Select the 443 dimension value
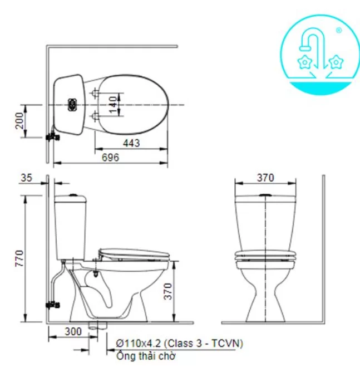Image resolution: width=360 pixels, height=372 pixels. (x=131, y=143)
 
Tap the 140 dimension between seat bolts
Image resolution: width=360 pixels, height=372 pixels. (x=114, y=104)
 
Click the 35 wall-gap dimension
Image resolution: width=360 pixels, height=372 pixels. (x=26, y=178)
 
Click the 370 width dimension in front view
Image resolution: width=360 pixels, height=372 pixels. (x=265, y=178)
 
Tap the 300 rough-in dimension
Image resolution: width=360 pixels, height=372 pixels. (x=72, y=331)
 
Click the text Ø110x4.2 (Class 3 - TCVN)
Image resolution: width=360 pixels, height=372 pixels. (x=179, y=343)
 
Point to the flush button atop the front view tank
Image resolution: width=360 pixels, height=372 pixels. (x=265, y=195)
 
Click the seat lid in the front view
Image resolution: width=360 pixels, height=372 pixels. (x=265, y=256)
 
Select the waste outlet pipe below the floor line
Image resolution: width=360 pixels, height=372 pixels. (x=97, y=325)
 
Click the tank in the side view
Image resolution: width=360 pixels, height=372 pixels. (x=71, y=226)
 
